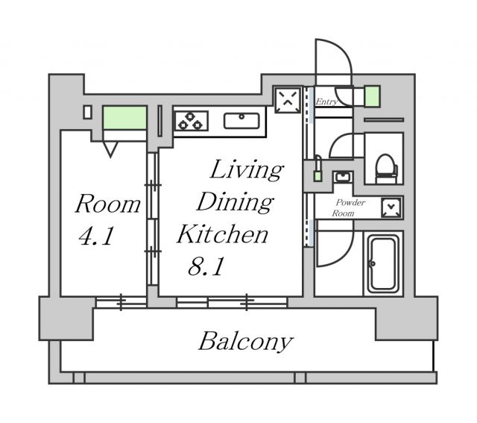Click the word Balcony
pyautogui.click(x=246, y=342)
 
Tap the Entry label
pyautogui.click(x=326, y=101)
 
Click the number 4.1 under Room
pyautogui.click(x=96, y=236)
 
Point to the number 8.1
pyautogui.click(x=206, y=266)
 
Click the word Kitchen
pyautogui.click(x=222, y=234)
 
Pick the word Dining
pyautogui.click(x=235, y=202)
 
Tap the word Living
pyautogui.click(x=247, y=169)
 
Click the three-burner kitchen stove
pyautogui.click(x=191, y=121)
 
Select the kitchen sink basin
pyautogui.click(x=241, y=121)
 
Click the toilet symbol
pyautogui.click(x=386, y=169)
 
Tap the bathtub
pyautogui.click(x=383, y=264)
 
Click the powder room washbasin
pyautogui.click(x=343, y=177)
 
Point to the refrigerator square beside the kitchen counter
pyautogui.click(x=288, y=99)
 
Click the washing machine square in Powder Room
pyautogui.click(x=391, y=207)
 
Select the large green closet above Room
pyautogui.click(x=124, y=118)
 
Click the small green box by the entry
pyautogui.click(x=373, y=96)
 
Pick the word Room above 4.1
pyautogui.click(x=107, y=204)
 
